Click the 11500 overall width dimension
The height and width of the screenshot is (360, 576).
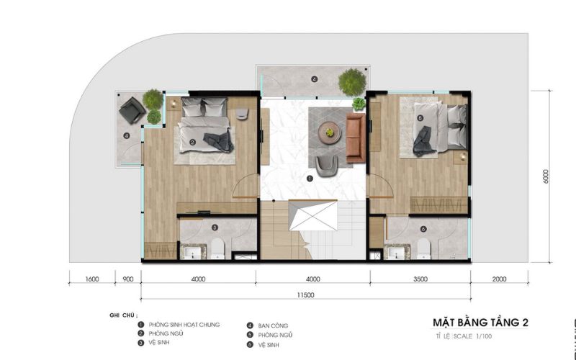(305, 295)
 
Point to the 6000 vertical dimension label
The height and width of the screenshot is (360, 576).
(546, 176)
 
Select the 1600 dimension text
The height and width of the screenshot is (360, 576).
(92, 279)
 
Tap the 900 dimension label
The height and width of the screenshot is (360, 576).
(128, 279)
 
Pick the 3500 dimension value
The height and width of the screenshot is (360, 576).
(420, 279)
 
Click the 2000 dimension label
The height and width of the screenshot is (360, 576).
(499, 279)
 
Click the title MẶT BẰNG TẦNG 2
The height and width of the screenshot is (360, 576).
(480, 323)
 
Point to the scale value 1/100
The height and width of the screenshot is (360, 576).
(484, 336)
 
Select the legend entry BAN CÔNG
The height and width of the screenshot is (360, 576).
(273, 326)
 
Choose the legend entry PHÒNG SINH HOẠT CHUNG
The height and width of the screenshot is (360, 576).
(184, 325)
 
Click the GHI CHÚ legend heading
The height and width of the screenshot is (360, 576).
(123, 315)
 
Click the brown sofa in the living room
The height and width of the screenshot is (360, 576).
(356, 138)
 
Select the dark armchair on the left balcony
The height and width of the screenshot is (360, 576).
(132, 110)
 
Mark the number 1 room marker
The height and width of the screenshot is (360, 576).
(310, 179)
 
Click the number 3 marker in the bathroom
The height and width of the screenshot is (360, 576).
(215, 228)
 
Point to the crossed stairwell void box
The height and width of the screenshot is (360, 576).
(313, 215)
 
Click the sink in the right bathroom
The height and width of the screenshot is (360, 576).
(397, 253)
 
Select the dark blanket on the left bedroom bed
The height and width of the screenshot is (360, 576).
(220, 141)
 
